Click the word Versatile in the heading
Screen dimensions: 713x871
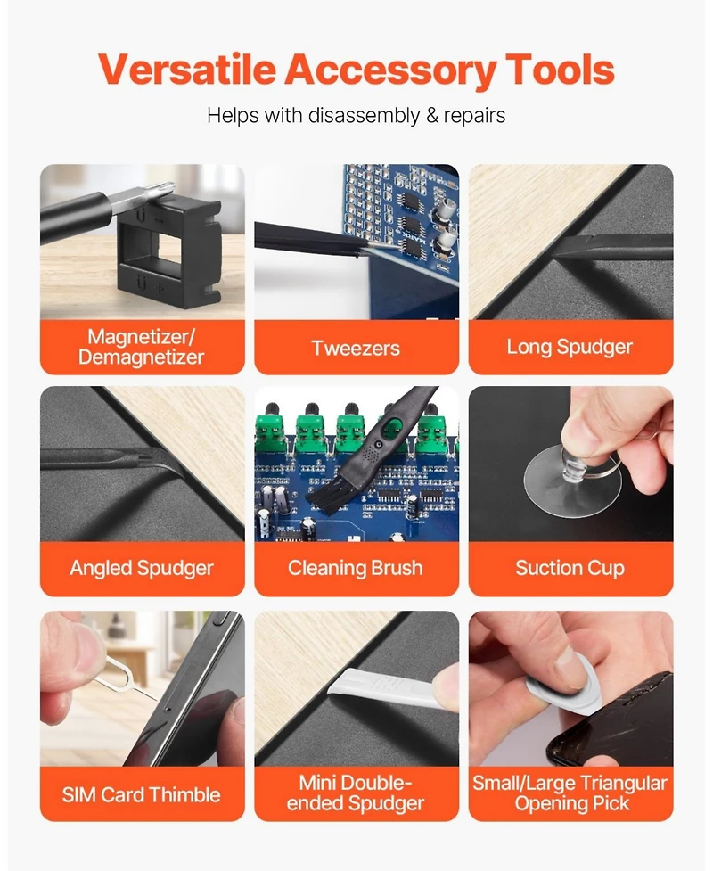click(x=187, y=70)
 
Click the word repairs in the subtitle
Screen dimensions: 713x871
click(x=474, y=116)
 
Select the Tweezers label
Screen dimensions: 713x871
click(x=356, y=349)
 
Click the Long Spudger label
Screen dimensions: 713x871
click(x=570, y=347)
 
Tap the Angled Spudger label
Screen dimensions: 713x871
click(x=142, y=568)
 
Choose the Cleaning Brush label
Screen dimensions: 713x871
click(x=356, y=568)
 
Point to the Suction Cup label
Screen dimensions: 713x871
click(x=570, y=568)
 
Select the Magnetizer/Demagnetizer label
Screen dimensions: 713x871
click(x=142, y=347)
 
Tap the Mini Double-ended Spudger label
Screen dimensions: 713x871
click(x=356, y=793)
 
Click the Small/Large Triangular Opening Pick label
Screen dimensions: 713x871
click(x=570, y=793)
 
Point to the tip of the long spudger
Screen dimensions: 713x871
click(x=554, y=254)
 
